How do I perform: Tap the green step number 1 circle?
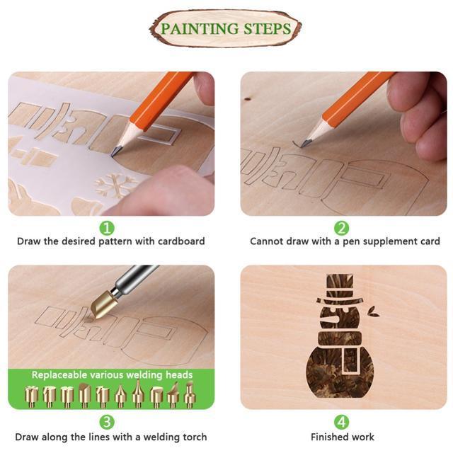106,228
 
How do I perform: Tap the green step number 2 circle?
342,228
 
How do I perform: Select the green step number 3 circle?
106,422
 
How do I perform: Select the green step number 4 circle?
342,422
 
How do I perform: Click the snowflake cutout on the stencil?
116,185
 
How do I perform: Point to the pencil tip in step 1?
115,151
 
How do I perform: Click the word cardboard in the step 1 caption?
180,241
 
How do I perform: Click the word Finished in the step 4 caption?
330,437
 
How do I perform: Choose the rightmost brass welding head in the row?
190,394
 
